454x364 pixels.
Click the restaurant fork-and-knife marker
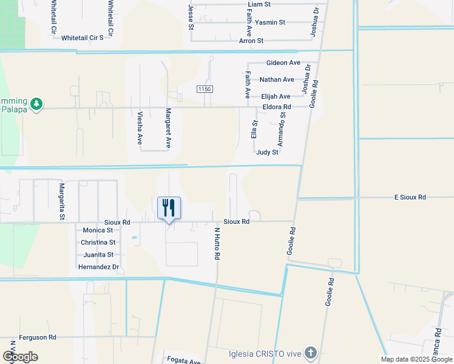pos(168,208)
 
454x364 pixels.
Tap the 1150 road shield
pos(205,89)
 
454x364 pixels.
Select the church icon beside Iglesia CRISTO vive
pos(310,352)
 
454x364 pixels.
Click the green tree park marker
pos(36,104)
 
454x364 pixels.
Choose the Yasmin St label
pos(270,22)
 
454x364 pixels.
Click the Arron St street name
pos(251,41)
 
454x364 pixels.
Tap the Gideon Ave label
pos(283,63)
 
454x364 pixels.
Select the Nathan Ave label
pos(277,79)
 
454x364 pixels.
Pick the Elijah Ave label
pos(276,96)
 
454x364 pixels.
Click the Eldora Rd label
pos(277,107)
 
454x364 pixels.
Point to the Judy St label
pos(267,152)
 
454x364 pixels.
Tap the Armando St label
pos(282,129)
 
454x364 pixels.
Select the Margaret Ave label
pos(169,129)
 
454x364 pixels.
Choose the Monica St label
pos(98,231)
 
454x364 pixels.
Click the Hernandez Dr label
pos(98,267)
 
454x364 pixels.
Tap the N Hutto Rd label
pos(217,243)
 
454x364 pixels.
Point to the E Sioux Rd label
pos(410,197)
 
